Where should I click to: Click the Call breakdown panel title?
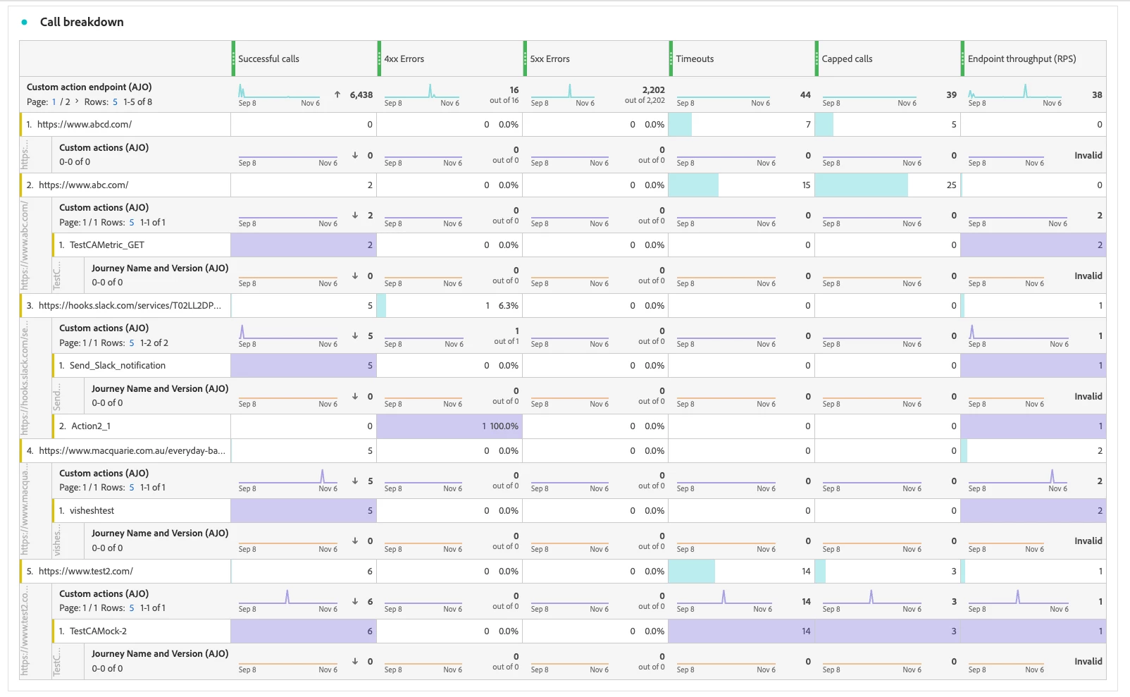pyautogui.click(x=82, y=22)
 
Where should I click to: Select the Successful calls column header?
pyautogui.click(x=268, y=59)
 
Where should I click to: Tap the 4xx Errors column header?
pyautogui.click(x=404, y=59)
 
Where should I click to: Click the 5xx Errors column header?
pyautogui.click(x=550, y=59)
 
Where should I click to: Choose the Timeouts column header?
pyautogui.click(x=695, y=59)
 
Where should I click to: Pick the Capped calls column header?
pyautogui.click(x=847, y=59)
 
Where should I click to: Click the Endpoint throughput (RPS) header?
pyautogui.click(x=1022, y=59)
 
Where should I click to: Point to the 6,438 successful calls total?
pyautogui.click(x=361, y=95)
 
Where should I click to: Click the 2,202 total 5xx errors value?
pyautogui.click(x=653, y=90)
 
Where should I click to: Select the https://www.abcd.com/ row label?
pyautogui.click(x=85, y=125)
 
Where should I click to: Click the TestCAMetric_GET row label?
pyautogui.click(x=106, y=245)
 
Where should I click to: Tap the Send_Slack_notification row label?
pyautogui.click(x=117, y=366)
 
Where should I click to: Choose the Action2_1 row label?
pyautogui.click(x=91, y=426)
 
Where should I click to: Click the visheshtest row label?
pyautogui.click(x=92, y=511)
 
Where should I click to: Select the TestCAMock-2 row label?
pyautogui.click(x=98, y=631)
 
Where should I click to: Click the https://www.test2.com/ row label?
pyautogui.click(x=85, y=572)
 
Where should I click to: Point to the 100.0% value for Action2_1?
pyautogui.click(x=504, y=426)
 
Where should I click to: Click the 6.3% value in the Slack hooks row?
pyautogui.click(x=508, y=306)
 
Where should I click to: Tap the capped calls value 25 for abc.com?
pyautogui.click(x=951, y=185)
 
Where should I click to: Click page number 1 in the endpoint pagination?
pyautogui.click(x=54, y=102)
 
